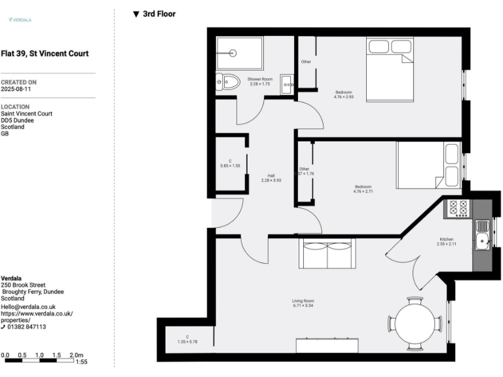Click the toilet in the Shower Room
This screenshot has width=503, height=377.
pos(229,82)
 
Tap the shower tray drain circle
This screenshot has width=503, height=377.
pos(233,54)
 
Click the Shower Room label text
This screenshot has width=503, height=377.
pos(259,81)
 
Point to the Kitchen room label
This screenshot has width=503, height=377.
pos(447,242)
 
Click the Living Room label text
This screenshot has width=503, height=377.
pos(303,302)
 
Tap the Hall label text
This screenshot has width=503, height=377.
pos(270,177)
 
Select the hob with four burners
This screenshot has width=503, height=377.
pos(457,209)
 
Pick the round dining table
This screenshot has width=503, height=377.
pos(415,323)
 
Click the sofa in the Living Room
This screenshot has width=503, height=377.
pos(325,254)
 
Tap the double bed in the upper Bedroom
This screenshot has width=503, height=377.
pos(390,69)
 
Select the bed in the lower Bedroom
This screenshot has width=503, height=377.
pos(428,166)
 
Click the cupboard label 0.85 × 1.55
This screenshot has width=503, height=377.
pos(230,164)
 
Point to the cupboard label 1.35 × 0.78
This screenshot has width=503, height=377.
pos(187,340)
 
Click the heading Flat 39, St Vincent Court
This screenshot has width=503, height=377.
pos(45,54)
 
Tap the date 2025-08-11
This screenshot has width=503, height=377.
pos(16,88)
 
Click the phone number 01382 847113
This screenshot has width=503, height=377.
pos(27,327)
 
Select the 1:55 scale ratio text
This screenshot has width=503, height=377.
pos(82,362)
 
